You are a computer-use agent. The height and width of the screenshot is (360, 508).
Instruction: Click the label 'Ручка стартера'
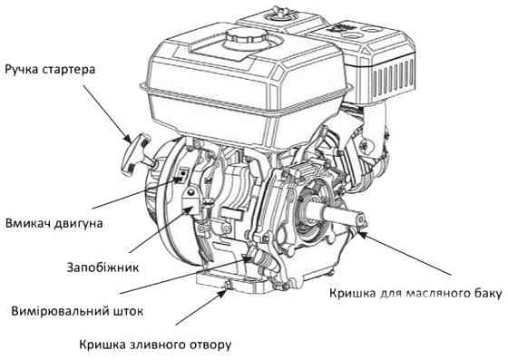pyautogui.click(x=50, y=70)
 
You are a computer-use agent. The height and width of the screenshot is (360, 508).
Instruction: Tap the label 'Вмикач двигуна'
pyautogui.click(x=54, y=224)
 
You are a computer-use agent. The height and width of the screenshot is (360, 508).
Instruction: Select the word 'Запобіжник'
pyautogui.click(x=103, y=268)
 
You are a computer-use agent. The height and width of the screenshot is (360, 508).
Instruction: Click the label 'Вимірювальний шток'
pyautogui.click(x=77, y=311)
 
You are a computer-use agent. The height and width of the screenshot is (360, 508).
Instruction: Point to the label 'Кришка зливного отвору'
pyautogui.click(x=155, y=345)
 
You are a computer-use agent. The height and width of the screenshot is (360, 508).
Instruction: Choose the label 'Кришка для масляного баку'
pyautogui.click(x=416, y=293)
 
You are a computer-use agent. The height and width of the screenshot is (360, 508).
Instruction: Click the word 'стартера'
pyautogui.click(x=69, y=70)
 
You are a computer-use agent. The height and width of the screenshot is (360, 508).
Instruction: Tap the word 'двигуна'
pyautogui.click(x=79, y=224)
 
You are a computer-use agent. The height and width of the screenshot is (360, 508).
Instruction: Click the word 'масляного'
pyautogui.click(x=435, y=293)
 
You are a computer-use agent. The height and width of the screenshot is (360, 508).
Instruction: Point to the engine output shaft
pyautogui.click(x=337, y=214)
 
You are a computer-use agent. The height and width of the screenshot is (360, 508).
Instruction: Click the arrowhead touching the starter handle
pyautogui.click(x=127, y=138)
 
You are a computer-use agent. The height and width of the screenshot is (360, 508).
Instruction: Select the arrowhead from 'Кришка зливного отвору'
pyautogui.click(x=222, y=292)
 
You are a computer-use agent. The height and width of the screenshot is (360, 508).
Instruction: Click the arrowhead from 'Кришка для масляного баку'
pyautogui.click(x=362, y=234)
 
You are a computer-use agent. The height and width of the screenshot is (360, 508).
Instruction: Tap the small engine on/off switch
pyautogui.click(x=183, y=174)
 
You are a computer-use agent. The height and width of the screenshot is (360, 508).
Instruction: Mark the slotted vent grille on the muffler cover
pyautogui.click(x=393, y=79)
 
